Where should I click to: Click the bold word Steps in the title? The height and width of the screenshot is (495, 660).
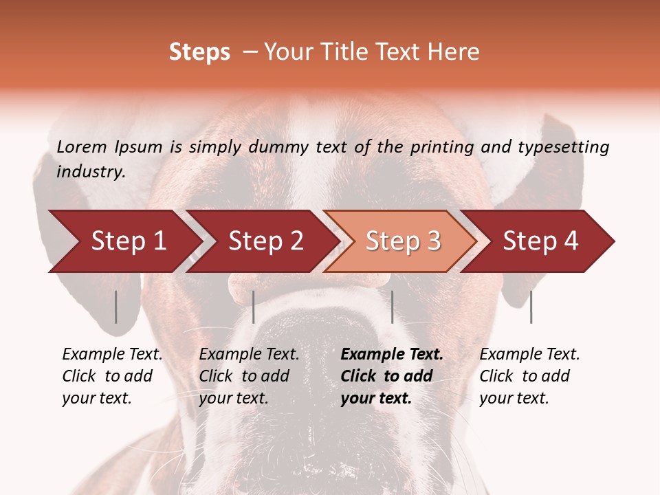(199, 52)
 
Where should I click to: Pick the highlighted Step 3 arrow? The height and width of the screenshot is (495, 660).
(403, 241)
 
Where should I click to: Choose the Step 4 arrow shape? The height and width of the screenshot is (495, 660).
(540, 241)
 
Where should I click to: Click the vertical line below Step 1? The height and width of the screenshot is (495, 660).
(116, 307)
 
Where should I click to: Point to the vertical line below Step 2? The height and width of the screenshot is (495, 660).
(254, 307)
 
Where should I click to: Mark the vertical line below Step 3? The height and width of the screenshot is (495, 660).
(392, 307)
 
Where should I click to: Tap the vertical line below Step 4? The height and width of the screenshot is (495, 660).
(531, 307)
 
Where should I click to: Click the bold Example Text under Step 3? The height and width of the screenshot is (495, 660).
(392, 355)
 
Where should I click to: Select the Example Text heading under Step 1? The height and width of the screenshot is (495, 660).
(112, 355)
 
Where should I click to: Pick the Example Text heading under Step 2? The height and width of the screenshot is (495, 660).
(249, 355)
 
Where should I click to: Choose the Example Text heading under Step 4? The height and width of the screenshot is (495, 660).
(529, 355)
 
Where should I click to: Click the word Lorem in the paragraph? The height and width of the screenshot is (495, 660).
(82, 146)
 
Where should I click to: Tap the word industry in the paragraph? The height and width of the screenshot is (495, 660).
(90, 171)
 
